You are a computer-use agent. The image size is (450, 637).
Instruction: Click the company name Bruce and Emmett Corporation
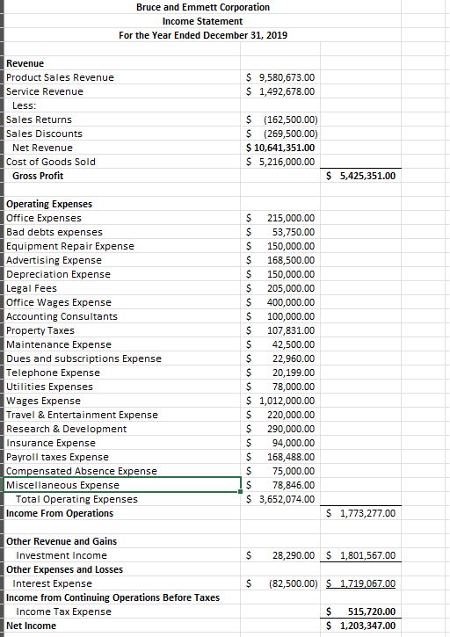[203, 7]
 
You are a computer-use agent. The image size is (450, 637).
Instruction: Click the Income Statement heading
[202, 21]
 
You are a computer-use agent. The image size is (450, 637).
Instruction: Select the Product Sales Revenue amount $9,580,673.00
[282, 77]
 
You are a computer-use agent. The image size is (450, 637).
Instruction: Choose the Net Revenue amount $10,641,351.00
[280, 148]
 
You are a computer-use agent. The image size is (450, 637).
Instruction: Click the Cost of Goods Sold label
[50, 162]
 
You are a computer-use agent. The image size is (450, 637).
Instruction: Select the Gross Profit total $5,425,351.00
[361, 176]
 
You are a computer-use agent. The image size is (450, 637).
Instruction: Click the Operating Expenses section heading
[49, 204]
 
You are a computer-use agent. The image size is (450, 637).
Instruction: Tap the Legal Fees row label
[31, 288]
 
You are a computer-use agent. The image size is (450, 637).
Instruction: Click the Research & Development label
[66, 429]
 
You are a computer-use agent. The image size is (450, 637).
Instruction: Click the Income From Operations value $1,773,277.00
[361, 513]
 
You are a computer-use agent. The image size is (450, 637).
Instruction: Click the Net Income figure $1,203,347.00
[361, 626]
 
